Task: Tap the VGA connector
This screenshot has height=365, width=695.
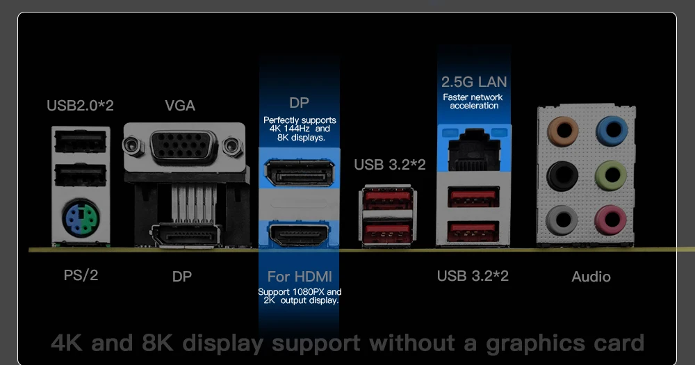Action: [x=184, y=147]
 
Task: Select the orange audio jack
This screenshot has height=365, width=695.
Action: [x=562, y=129]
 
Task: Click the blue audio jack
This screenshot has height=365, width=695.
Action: [x=611, y=129]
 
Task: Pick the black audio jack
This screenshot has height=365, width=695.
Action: [x=562, y=175]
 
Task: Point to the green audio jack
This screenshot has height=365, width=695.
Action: [x=611, y=175]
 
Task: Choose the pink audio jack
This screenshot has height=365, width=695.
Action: [x=611, y=220]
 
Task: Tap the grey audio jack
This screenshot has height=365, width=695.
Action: [x=562, y=220]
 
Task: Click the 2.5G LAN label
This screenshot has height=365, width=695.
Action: [x=474, y=83]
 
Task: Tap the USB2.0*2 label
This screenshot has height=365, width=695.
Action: [x=80, y=106]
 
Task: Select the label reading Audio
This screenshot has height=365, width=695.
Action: [x=591, y=277]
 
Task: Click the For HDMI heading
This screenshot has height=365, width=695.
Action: [x=300, y=277]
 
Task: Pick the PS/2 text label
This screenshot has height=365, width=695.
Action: [x=81, y=275]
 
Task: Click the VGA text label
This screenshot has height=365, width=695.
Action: [x=180, y=106]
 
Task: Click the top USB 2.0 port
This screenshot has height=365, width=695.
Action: [x=81, y=143]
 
